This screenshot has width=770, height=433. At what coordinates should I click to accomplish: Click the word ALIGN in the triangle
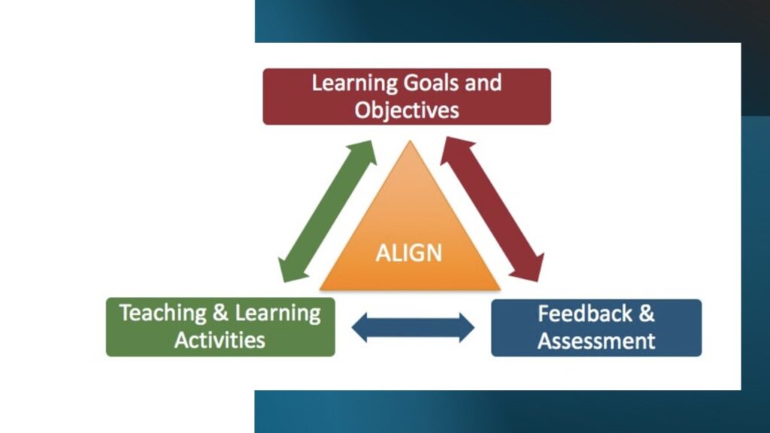[x=408, y=253]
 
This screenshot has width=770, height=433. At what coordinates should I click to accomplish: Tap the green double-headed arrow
[x=327, y=211]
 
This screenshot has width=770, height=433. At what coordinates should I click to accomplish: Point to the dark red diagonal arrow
[x=492, y=209]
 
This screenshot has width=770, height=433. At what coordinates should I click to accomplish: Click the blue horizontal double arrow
[x=413, y=328]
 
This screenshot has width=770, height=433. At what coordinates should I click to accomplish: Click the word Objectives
[x=407, y=111]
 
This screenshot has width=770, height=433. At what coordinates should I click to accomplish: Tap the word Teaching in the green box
[x=163, y=313]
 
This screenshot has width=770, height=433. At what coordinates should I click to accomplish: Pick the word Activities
[x=220, y=341]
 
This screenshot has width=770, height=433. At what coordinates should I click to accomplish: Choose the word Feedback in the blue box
[x=585, y=313]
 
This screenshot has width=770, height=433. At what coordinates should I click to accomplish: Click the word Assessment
[x=596, y=341]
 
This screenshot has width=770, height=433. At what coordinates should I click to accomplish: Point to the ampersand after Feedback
[x=647, y=313]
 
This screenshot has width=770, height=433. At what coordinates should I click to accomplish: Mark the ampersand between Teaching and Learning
[x=220, y=313]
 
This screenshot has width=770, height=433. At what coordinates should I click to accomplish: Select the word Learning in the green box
[x=277, y=313]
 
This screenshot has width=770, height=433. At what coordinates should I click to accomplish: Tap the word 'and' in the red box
[x=484, y=83]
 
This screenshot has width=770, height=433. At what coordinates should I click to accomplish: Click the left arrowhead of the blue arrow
[x=360, y=328]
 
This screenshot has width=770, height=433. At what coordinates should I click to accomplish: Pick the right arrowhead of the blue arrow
[x=467, y=328]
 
